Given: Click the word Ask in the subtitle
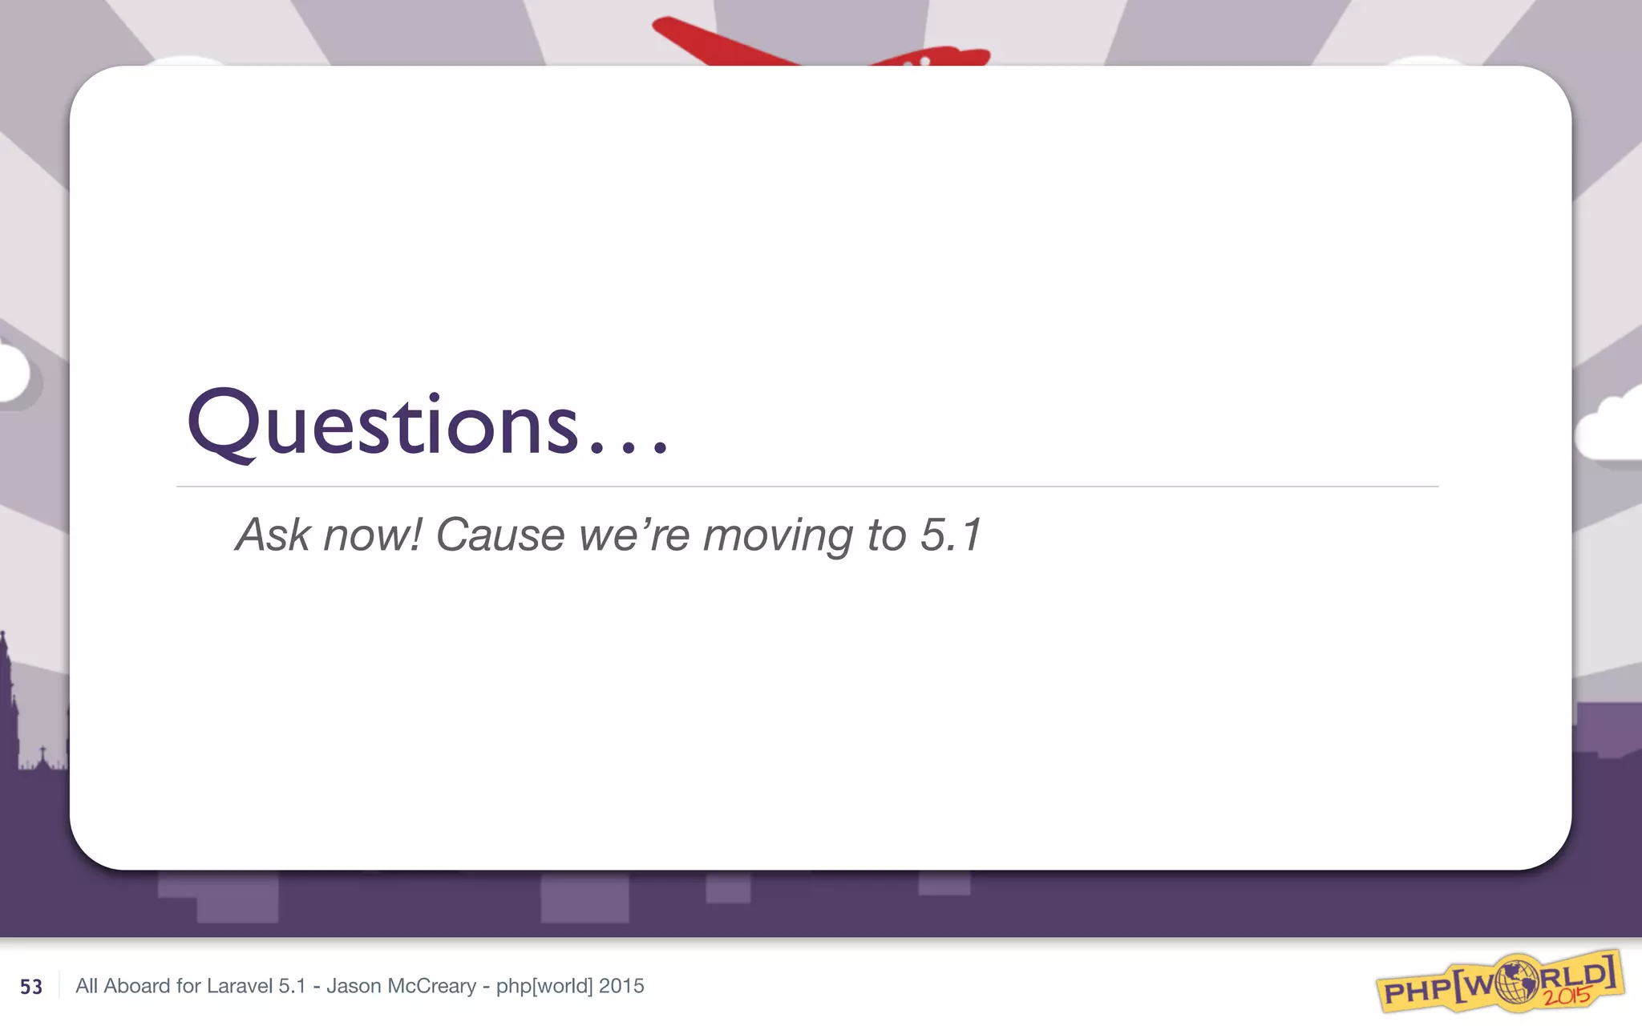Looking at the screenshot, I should [272, 535].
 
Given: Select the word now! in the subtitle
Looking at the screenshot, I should [371, 535].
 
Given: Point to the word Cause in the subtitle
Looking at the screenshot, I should [499, 535].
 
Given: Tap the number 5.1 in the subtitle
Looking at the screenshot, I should [950, 535].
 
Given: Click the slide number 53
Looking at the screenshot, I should [31, 987].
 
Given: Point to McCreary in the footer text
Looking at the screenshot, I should [432, 986].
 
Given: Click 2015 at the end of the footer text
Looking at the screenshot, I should [621, 986].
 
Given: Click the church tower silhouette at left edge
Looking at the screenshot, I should [8, 705].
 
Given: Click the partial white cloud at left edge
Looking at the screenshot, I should [12, 374].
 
